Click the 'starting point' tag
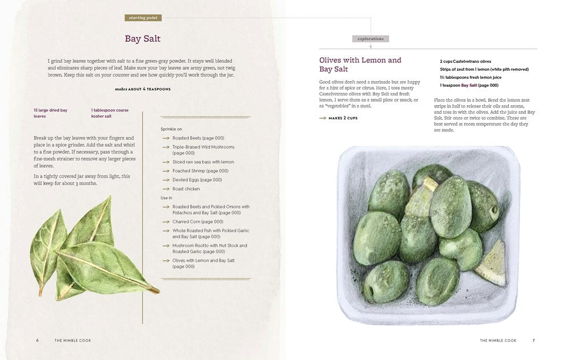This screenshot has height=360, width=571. [143, 18]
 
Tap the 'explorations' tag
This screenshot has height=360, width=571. [371, 39]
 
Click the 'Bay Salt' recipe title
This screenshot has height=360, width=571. [143, 39]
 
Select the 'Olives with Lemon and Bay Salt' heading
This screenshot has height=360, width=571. [360, 65]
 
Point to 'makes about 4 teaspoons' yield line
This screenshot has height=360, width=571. [143, 89]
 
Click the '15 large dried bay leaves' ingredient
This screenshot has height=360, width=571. [50, 113]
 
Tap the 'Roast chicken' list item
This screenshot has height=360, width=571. [186, 189]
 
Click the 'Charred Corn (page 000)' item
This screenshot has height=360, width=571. [198, 222]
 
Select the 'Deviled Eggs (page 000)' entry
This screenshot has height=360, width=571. [197, 180]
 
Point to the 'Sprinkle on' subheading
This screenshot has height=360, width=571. [171, 129]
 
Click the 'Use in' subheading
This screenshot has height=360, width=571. [166, 198]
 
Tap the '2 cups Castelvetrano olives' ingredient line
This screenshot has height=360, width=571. [465, 61]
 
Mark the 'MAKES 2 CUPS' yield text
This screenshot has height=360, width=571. [343, 118]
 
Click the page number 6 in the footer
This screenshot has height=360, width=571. [38, 340]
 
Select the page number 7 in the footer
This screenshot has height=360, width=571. [533, 340]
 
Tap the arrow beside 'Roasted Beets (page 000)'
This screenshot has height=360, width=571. [166, 138]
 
